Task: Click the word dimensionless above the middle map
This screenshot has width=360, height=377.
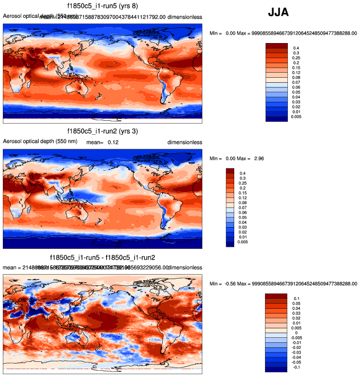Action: tap(184, 143)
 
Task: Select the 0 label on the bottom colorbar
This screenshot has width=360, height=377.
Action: tap(295, 332)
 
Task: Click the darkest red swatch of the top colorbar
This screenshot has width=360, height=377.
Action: tap(276, 45)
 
